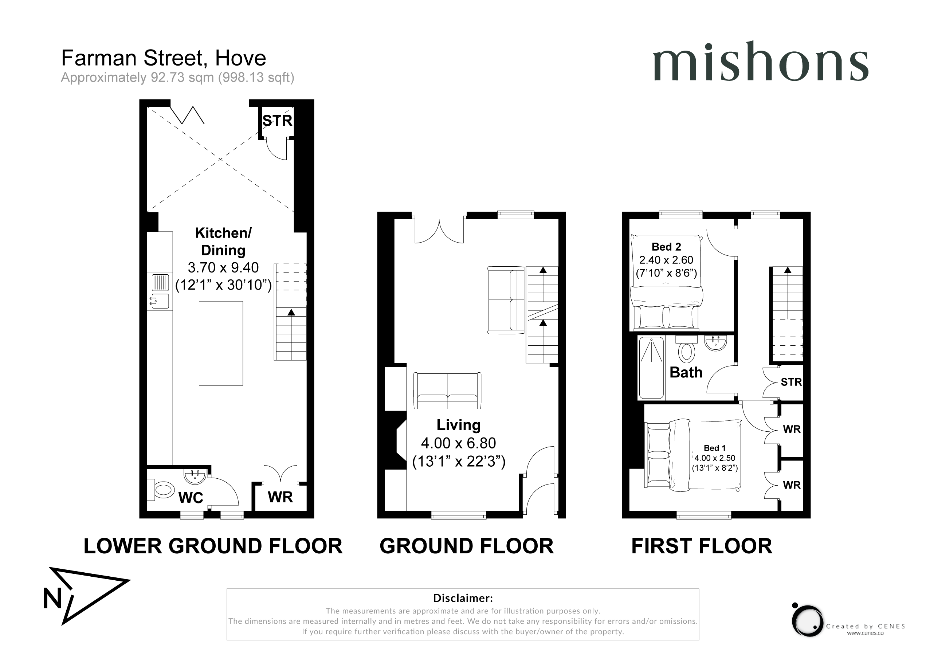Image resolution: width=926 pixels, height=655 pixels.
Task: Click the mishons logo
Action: point(760,61)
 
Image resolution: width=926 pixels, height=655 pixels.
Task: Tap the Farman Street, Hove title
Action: point(163,58)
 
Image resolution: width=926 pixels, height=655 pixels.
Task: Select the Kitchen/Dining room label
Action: point(223,242)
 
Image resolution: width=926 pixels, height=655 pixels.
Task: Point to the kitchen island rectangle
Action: point(221,343)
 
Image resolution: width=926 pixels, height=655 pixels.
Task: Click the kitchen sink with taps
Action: point(160,301)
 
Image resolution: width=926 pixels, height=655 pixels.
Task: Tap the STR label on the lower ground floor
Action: point(278,121)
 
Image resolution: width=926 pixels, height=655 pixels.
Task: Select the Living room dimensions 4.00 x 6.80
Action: point(459,443)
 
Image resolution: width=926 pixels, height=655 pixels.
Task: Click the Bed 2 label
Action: point(666,246)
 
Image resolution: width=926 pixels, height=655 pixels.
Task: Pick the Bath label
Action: point(686,372)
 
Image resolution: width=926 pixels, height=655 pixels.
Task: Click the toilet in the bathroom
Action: point(686,350)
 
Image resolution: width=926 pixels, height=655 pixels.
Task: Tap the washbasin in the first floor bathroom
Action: point(715,343)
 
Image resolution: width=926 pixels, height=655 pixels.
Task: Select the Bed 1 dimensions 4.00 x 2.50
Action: point(715,458)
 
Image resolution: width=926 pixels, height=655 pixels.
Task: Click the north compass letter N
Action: point(53,599)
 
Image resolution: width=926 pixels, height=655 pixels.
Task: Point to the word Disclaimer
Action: point(463,598)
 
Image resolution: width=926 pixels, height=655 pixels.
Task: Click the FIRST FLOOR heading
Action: point(701,546)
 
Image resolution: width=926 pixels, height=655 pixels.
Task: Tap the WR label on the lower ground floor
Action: point(280,497)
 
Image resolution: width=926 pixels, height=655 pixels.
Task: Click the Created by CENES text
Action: point(866,626)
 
